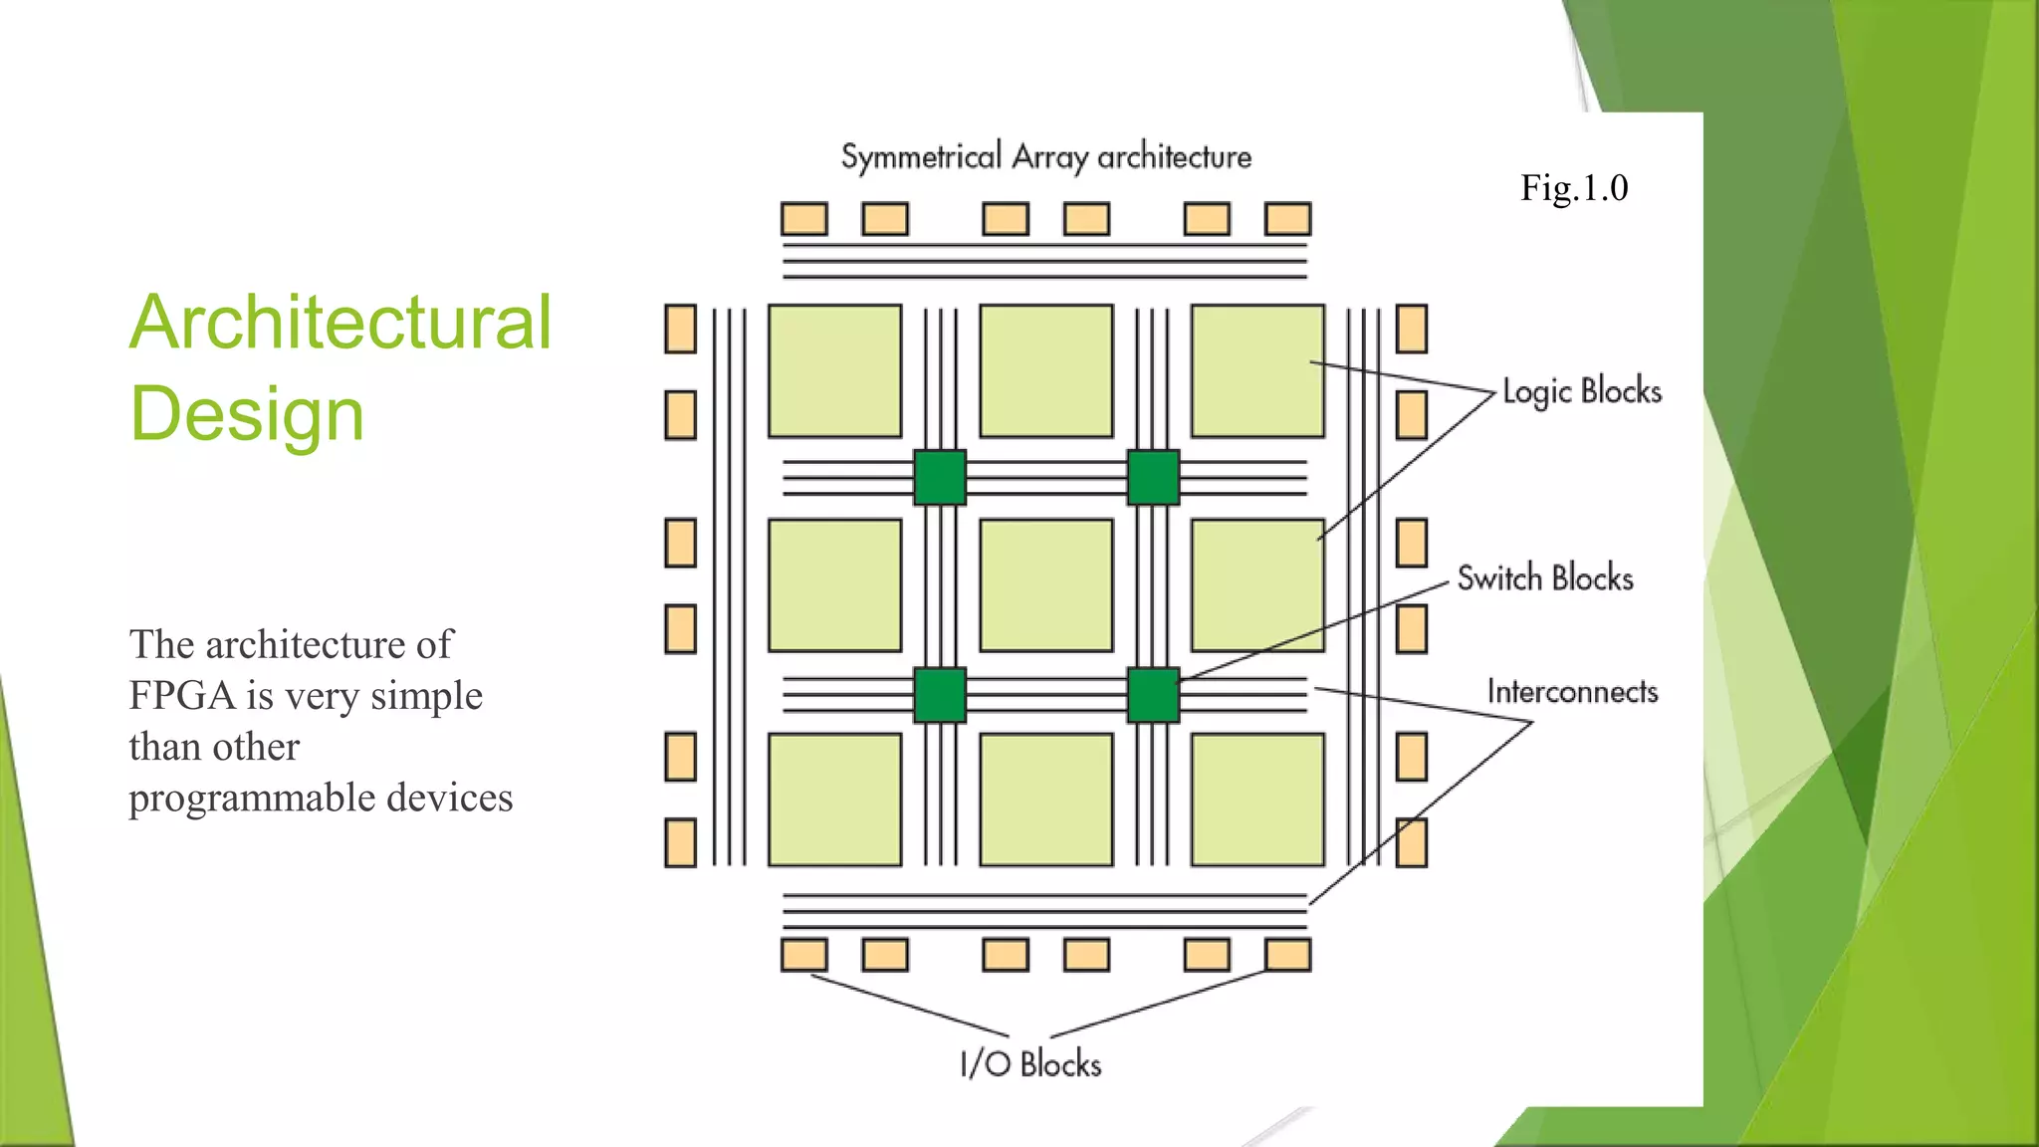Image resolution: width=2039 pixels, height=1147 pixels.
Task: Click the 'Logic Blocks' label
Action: point(1581,391)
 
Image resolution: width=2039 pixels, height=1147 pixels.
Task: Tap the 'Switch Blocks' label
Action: point(1544,578)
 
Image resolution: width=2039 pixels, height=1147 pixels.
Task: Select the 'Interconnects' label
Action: point(1572,692)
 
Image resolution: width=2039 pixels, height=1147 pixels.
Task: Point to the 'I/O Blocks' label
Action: point(1030,1063)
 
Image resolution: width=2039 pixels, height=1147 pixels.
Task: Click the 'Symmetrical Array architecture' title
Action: point(1045,157)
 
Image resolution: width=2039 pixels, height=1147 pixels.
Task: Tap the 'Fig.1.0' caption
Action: point(1573,188)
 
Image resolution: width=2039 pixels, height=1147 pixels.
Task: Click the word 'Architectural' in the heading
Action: point(340,323)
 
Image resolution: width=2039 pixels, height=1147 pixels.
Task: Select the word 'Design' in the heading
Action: point(247,413)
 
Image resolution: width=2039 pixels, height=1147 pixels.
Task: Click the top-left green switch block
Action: point(939,478)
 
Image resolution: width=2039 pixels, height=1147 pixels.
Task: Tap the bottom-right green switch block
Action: point(1153,695)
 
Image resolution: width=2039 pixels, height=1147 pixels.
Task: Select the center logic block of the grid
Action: point(1045,585)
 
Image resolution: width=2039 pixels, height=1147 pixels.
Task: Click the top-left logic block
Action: point(834,371)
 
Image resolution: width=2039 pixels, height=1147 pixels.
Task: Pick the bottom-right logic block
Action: point(1257,800)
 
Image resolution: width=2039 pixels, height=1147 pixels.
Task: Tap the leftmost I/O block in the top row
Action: point(803,219)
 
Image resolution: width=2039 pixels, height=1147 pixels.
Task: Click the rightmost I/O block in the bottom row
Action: point(1287,955)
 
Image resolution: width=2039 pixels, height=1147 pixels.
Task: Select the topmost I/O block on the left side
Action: point(680,329)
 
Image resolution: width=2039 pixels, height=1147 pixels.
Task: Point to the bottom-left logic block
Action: point(834,800)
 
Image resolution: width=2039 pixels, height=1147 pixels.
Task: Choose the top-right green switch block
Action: point(1153,478)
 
